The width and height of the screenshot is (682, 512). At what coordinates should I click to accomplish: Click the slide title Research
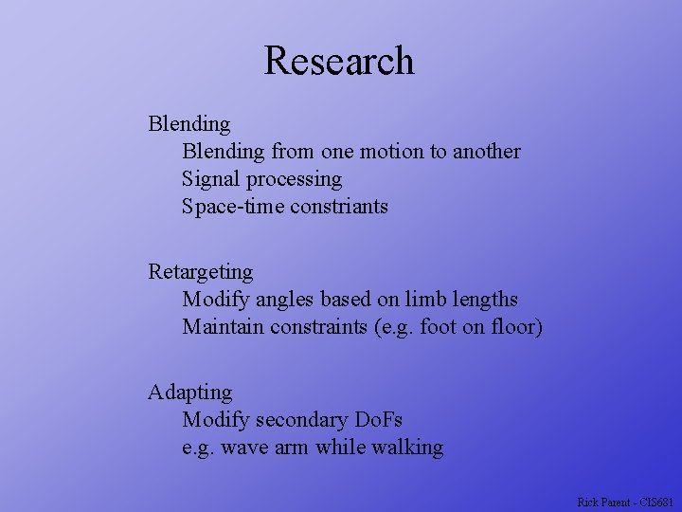[x=339, y=61]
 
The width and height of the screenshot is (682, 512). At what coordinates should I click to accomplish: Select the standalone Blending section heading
[x=188, y=123]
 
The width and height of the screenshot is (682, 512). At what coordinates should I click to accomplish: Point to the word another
[x=486, y=151]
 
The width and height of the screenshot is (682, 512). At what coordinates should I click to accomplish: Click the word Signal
[x=210, y=178]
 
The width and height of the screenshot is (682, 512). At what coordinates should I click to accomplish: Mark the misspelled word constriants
[x=339, y=206]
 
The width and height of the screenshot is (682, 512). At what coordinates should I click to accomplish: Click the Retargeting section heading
[x=201, y=273]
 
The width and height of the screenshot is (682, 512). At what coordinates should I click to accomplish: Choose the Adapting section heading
[x=189, y=393]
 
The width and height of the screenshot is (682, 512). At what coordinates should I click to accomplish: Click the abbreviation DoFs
[x=379, y=419]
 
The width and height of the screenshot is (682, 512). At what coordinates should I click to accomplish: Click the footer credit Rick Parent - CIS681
[x=624, y=502]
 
